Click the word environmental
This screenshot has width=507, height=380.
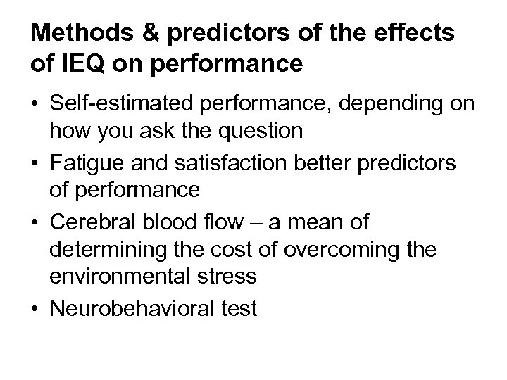point(115,275)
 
